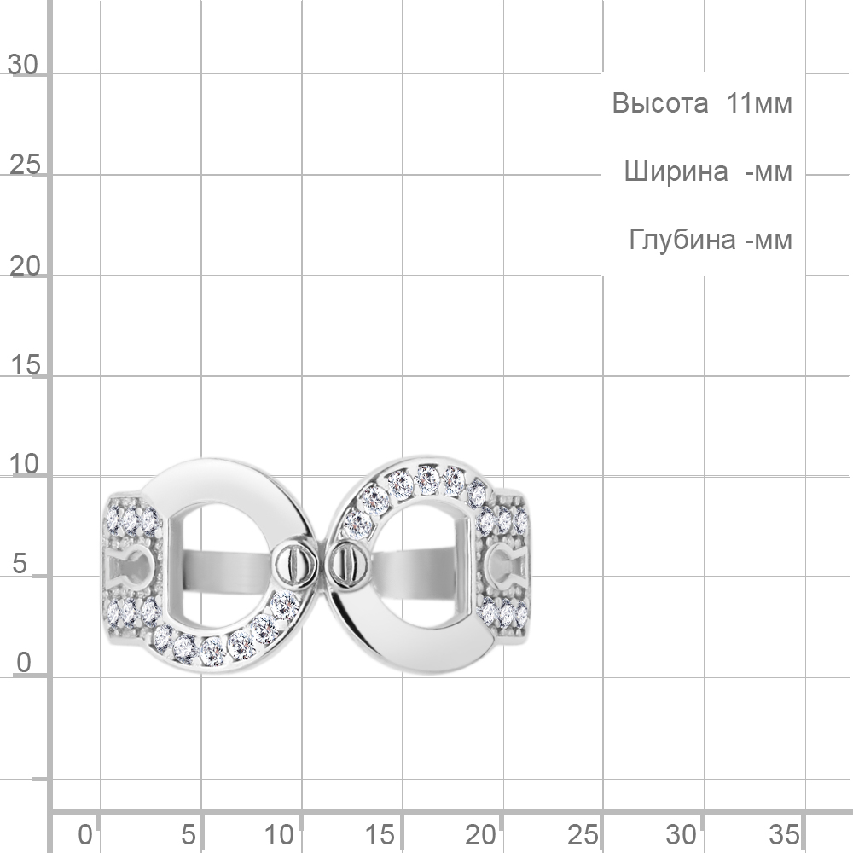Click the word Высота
tap(660, 103)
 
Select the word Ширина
tap(676, 172)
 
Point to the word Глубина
tap(682, 240)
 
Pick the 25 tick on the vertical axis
tap(25, 165)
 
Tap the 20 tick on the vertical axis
tap(25, 266)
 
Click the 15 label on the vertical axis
tap(26, 365)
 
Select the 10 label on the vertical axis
tap(25, 465)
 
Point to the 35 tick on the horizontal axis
tap(784, 834)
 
